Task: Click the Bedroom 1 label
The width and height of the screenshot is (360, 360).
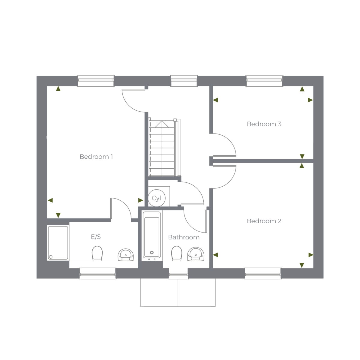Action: (x=96, y=157)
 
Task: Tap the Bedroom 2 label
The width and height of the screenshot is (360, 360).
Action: (x=264, y=221)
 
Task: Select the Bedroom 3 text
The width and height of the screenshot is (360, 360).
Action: (x=264, y=124)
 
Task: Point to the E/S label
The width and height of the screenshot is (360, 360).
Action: (x=96, y=237)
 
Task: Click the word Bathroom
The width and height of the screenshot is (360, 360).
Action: (x=184, y=237)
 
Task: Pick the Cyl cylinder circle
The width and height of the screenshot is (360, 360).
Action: (x=156, y=198)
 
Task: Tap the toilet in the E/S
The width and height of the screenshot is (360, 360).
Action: (x=97, y=253)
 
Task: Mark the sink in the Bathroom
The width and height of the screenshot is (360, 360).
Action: (x=196, y=254)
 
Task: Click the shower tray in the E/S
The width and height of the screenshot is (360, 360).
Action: (x=58, y=243)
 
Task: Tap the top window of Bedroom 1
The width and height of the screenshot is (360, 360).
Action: (x=96, y=81)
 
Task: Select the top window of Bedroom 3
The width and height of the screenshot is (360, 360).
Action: (x=264, y=81)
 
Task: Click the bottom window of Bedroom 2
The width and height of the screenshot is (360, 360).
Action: (x=263, y=273)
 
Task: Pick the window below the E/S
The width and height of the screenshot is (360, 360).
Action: (x=98, y=273)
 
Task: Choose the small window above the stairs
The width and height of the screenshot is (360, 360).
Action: (x=184, y=81)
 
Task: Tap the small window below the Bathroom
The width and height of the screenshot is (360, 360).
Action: (x=178, y=275)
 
